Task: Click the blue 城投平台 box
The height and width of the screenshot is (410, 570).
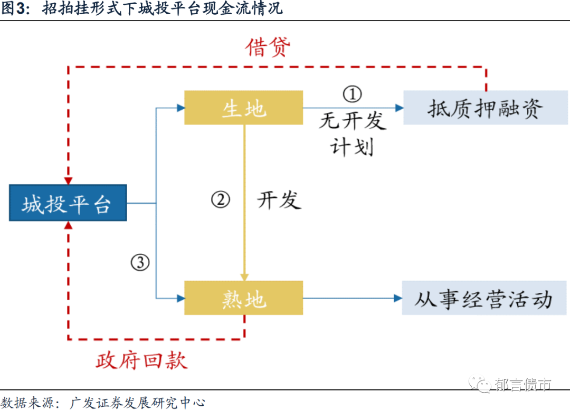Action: point(68,203)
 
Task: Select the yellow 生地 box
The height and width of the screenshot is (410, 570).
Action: point(243,108)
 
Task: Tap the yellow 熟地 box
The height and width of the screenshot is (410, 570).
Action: point(243,298)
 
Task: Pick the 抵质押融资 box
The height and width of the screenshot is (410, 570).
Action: point(485,108)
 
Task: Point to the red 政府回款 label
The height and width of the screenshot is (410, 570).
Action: point(141,360)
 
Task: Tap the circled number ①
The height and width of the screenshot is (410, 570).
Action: point(353,94)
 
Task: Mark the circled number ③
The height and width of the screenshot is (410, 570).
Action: point(140,262)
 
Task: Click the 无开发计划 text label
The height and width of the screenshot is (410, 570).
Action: point(353,134)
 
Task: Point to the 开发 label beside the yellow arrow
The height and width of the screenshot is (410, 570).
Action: point(279,200)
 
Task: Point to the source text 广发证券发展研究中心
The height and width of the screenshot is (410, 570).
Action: point(137,403)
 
